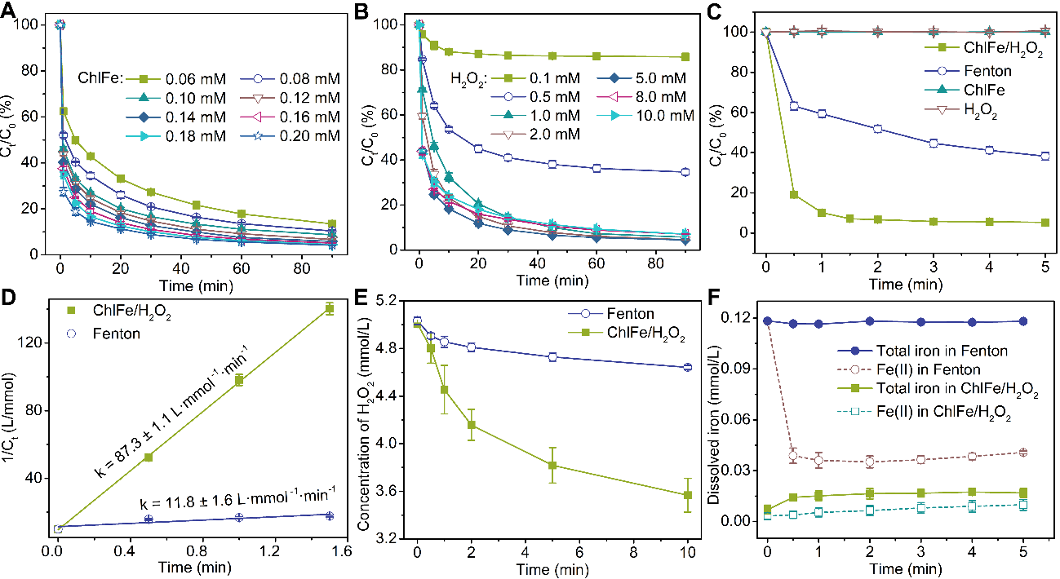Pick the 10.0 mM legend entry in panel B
(x=665, y=116)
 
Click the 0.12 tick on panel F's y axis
(x=738, y=317)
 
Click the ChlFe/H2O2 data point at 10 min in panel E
(x=687, y=495)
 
